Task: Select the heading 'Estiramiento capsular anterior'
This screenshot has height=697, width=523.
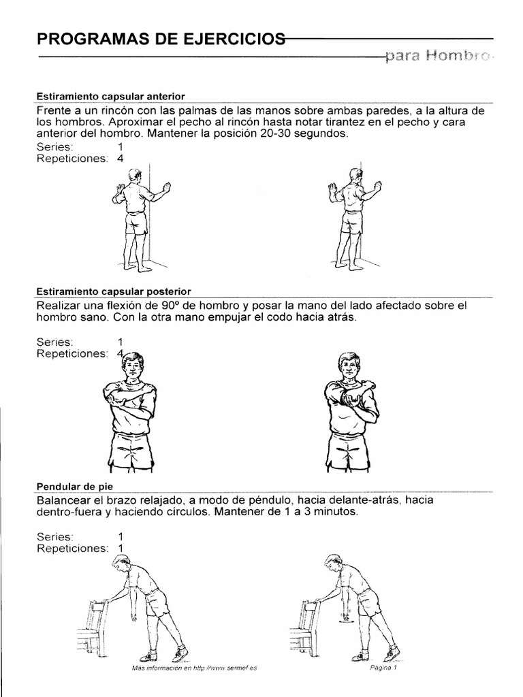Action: coord(111,97)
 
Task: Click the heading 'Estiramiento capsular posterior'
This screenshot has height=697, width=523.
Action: coord(114,291)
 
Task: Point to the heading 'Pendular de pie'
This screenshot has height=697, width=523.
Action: coord(74,486)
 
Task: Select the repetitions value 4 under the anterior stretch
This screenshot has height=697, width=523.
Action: coord(121,159)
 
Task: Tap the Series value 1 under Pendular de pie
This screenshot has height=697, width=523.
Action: coord(121,536)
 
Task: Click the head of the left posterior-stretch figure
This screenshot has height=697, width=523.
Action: coord(133,366)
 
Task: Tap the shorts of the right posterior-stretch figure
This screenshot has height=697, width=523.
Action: coord(348,449)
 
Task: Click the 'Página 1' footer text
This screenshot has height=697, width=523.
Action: coord(383,668)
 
